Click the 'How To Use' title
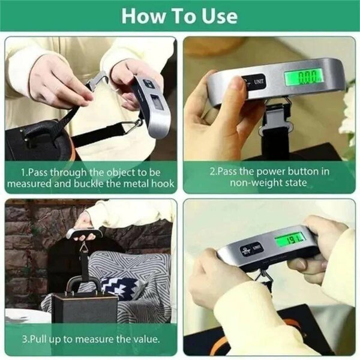179,16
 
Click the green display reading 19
290,239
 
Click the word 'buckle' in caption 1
104,183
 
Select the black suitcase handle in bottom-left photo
83,284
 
